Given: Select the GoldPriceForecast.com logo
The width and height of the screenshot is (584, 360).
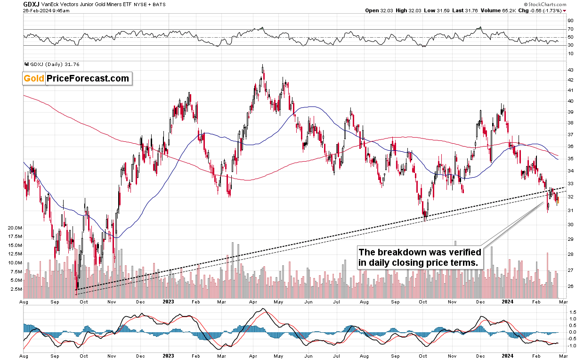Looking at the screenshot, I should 77,79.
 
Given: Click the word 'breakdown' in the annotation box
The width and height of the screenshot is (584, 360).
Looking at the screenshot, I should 399,252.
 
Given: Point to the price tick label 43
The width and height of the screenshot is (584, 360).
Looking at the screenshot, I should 570,70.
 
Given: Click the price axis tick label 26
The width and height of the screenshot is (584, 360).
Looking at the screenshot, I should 570,286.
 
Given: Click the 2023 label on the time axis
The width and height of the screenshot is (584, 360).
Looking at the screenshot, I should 168,301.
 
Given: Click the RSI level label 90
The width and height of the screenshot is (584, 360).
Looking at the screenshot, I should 570,21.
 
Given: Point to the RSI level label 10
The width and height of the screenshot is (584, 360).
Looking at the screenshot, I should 570,54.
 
